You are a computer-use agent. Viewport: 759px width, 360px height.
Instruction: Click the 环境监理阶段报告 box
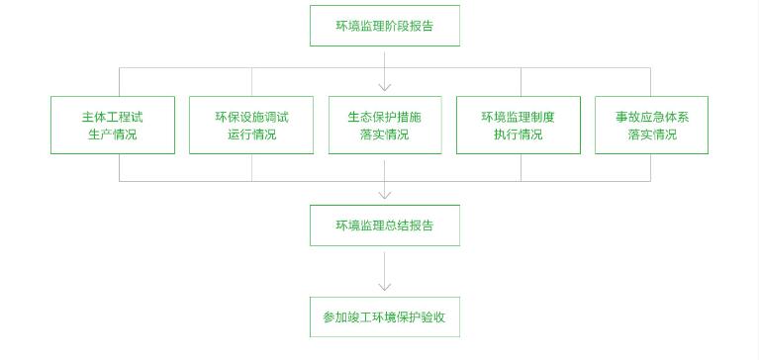coord(384,26)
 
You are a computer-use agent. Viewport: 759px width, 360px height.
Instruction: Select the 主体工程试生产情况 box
coord(112,125)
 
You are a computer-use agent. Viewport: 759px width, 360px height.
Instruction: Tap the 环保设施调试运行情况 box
coord(251,125)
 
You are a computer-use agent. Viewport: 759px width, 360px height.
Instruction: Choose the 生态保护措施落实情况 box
coord(384,125)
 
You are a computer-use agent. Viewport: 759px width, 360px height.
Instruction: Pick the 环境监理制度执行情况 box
coord(518,125)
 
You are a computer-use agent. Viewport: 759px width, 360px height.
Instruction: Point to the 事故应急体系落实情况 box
coord(651,125)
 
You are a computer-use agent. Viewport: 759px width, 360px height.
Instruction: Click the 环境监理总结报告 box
coord(384,225)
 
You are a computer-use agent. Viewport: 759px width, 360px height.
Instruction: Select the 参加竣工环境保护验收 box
coord(384,317)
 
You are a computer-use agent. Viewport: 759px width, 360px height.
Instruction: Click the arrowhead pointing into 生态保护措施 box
coord(385,88)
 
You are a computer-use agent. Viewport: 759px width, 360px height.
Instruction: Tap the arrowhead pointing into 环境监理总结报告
coord(385,195)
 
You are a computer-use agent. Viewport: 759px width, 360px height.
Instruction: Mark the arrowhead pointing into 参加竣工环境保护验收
coord(385,287)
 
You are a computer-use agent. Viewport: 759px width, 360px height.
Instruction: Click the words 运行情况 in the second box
coord(251,135)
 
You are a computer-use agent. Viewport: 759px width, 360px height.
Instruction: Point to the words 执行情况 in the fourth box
coord(518,135)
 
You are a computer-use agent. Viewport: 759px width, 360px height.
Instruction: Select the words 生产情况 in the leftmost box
coord(112,135)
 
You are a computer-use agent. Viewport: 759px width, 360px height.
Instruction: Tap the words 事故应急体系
coord(651,116)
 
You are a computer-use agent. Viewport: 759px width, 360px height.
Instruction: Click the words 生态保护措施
coord(384,116)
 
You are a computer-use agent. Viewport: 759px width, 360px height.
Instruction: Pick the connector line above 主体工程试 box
coord(120,81)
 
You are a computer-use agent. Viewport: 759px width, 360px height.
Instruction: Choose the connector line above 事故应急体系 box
coord(650,81)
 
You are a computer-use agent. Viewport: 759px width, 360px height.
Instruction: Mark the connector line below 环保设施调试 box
coord(251,167)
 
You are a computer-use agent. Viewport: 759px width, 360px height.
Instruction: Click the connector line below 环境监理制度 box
coord(522,167)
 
